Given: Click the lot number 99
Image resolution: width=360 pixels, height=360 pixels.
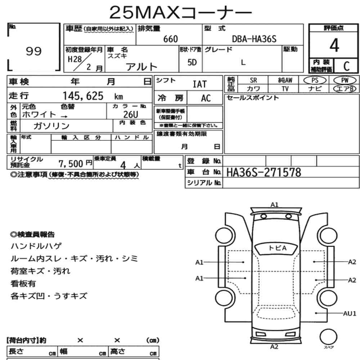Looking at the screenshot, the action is pyautogui.click(x=34, y=51).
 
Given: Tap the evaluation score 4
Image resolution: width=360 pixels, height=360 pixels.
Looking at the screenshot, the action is pyautogui.click(x=334, y=45).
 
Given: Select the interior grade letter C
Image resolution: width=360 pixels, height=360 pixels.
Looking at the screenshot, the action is pyautogui.click(x=346, y=66).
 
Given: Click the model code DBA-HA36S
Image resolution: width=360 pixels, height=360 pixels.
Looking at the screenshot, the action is pyautogui.click(x=254, y=39).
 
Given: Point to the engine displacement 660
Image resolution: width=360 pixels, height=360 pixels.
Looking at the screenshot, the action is pyautogui.click(x=171, y=39).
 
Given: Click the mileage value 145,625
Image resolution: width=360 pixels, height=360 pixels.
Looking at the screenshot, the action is pyautogui.click(x=83, y=96).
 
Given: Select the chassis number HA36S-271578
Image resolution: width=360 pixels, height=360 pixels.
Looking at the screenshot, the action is pyautogui.click(x=264, y=172).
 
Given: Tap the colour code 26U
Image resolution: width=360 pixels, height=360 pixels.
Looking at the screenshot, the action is pyautogui.click(x=131, y=114).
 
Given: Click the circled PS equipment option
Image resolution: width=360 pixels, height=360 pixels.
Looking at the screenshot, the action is pyautogui.click(x=315, y=80).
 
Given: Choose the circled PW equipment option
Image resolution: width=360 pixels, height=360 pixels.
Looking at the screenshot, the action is pyautogui.click(x=345, y=80).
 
